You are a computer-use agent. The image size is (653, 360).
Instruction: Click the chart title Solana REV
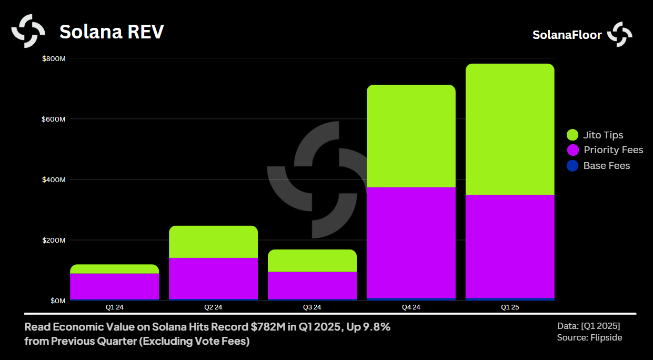(x=112, y=32)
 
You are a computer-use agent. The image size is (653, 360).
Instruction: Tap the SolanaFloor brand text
(x=567, y=35)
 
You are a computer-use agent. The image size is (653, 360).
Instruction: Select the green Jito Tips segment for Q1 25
(x=509, y=129)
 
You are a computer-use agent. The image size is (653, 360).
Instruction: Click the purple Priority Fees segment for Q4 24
(x=411, y=242)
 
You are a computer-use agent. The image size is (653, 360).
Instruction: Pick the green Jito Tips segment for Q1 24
(x=114, y=269)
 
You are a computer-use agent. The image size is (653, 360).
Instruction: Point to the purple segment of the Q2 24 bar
(x=213, y=278)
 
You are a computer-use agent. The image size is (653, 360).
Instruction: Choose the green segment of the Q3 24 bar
(x=312, y=261)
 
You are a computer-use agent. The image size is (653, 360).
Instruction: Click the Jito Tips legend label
(x=603, y=135)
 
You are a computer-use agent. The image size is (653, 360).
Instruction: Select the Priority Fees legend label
(x=613, y=150)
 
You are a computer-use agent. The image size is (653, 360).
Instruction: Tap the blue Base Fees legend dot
(x=572, y=166)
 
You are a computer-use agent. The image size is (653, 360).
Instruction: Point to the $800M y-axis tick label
(x=54, y=58)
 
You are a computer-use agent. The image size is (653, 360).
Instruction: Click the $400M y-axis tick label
(x=54, y=180)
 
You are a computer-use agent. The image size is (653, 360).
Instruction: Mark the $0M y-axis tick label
(x=57, y=301)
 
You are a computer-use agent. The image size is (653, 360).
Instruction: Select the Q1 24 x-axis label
(x=114, y=307)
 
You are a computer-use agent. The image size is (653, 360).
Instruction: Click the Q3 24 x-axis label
(x=312, y=307)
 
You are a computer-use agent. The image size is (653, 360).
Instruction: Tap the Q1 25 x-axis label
(x=509, y=307)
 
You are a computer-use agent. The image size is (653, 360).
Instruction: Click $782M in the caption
(x=268, y=327)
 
